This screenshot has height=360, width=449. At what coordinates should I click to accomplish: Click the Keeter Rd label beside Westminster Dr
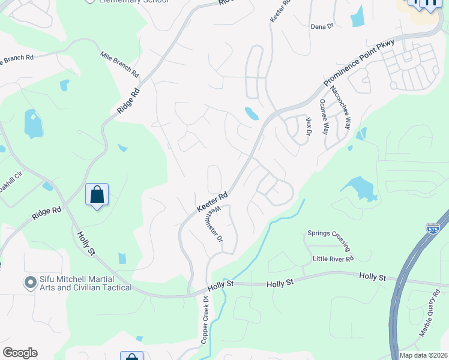pyautogui.click(x=212, y=202)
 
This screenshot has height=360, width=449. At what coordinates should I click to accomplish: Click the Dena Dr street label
pyautogui.click(x=322, y=26)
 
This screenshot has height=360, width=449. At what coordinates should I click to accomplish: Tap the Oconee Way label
pyautogui.click(x=325, y=116)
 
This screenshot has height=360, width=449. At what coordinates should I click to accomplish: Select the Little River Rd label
pyautogui.click(x=333, y=259)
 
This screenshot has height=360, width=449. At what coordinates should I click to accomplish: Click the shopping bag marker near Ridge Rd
pyautogui.click(x=97, y=195)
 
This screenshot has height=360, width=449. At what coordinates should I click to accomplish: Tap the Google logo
pyautogui.click(x=20, y=353)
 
